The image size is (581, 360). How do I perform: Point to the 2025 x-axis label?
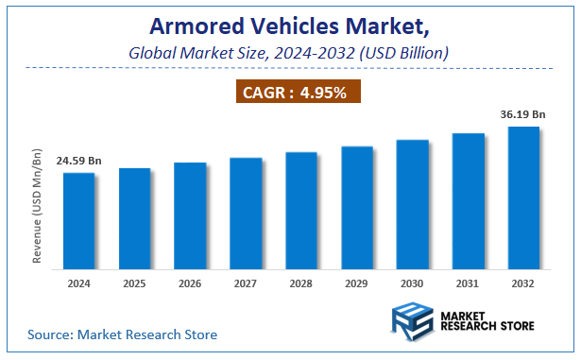tap(134, 283)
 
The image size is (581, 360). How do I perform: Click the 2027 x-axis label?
tap(245, 283)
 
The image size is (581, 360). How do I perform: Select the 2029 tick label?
tap(356, 283)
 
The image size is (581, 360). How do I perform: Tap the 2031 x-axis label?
tap(468, 283)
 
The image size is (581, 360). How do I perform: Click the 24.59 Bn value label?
tap(78, 161)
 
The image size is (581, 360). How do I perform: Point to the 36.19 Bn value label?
tap(523, 113)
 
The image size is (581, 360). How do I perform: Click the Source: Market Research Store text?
tap(123, 334)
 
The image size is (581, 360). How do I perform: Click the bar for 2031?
tap(468, 199)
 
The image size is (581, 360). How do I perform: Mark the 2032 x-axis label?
tap(523, 283)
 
